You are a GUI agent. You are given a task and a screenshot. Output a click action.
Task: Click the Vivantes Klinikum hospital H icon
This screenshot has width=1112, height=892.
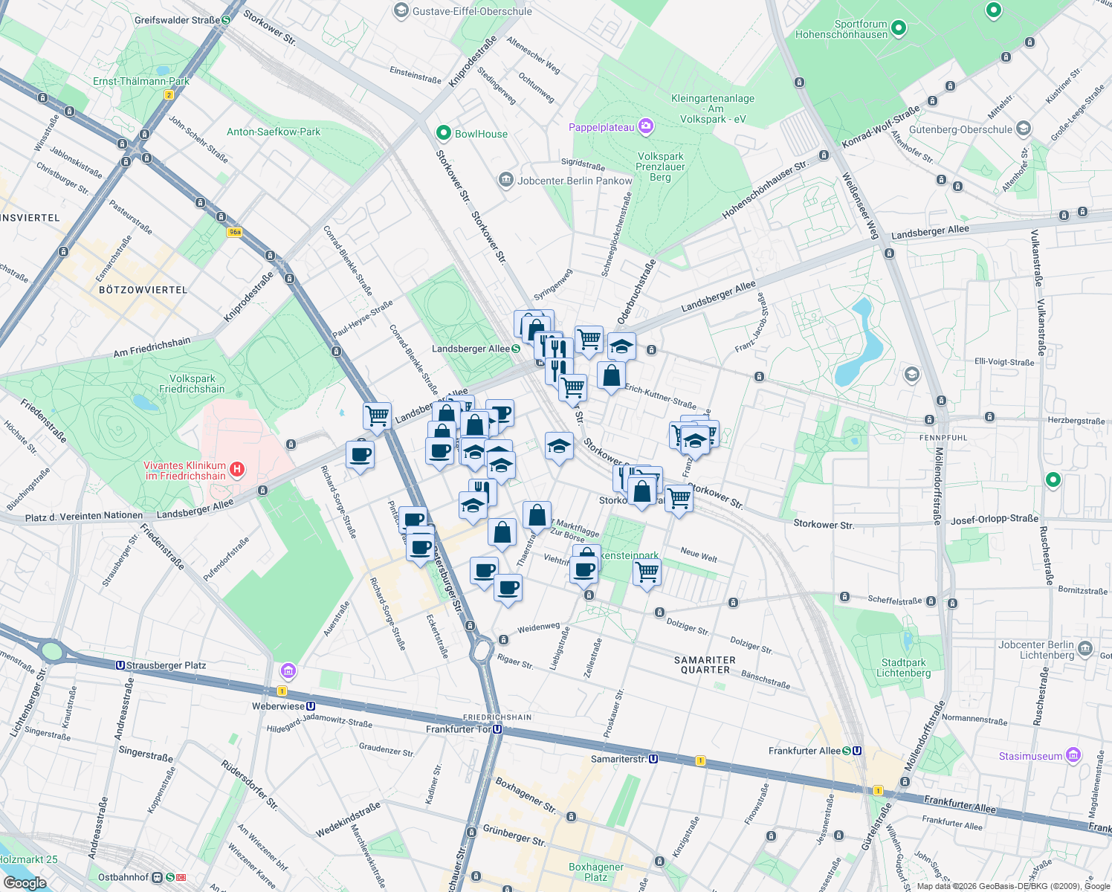pyautogui.click(x=236, y=469)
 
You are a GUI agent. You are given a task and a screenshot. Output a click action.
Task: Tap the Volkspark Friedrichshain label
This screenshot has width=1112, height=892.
pyautogui.click(x=192, y=384)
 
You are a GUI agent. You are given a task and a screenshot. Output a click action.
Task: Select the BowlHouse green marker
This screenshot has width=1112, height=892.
pyautogui.click(x=444, y=133)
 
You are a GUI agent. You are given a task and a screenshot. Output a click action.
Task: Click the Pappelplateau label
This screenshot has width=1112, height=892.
pyautogui.click(x=601, y=127)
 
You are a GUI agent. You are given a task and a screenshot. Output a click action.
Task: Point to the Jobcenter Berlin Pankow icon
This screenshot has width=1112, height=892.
pyautogui.click(x=506, y=180)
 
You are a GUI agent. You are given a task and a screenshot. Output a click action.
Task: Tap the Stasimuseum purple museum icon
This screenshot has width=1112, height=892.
pyautogui.click(x=1073, y=755)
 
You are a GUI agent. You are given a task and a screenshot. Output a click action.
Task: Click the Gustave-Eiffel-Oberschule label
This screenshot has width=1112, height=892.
pyautogui.click(x=472, y=11)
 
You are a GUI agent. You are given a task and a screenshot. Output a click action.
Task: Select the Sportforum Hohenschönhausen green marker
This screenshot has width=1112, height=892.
pyautogui.click(x=899, y=28)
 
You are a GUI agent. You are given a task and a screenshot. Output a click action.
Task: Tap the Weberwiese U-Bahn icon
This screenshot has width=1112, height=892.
pyautogui.click(x=311, y=706)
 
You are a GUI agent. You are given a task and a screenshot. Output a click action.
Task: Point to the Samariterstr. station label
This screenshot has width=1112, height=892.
pyautogui.click(x=618, y=759)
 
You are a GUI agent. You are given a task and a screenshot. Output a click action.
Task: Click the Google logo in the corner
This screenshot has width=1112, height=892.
pyautogui.click(x=25, y=883)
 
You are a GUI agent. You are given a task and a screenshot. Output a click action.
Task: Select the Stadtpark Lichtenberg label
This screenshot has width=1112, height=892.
pyautogui.click(x=903, y=668)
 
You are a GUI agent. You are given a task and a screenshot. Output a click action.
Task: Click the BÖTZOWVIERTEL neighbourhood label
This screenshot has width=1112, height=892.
pyautogui.click(x=143, y=290)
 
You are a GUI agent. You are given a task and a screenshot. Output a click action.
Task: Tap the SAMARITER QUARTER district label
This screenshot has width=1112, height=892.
pyautogui.click(x=705, y=665)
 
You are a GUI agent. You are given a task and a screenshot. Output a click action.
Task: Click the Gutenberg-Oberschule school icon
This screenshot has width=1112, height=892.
pyautogui.click(x=1024, y=129)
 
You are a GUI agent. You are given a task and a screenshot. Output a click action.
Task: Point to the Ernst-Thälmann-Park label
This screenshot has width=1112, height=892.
pyautogui.click(x=141, y=81)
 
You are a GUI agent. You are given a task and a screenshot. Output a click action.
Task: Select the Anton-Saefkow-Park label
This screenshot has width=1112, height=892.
pyautogui.click(x=274, y=132)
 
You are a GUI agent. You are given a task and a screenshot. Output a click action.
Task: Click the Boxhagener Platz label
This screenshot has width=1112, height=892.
pyautogui.click(x=595, y=872)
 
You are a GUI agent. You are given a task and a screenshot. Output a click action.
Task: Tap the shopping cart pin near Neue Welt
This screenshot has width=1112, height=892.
pyautogui.click(x=647, y=572)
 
